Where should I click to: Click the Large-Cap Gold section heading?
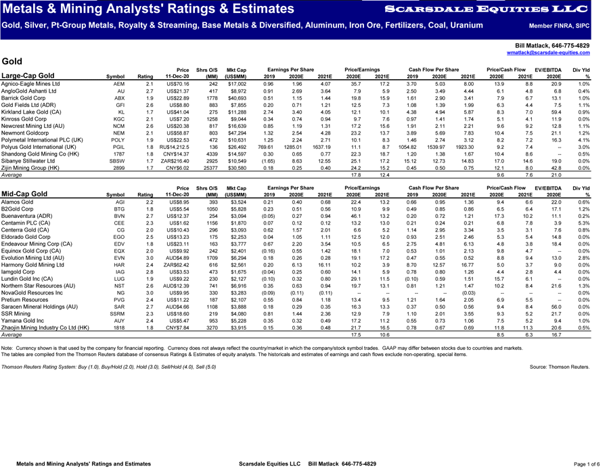(x=28, y=76)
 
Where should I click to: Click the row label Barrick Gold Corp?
(x=26, y=97)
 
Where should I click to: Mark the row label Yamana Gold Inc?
(x=24, y=322)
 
